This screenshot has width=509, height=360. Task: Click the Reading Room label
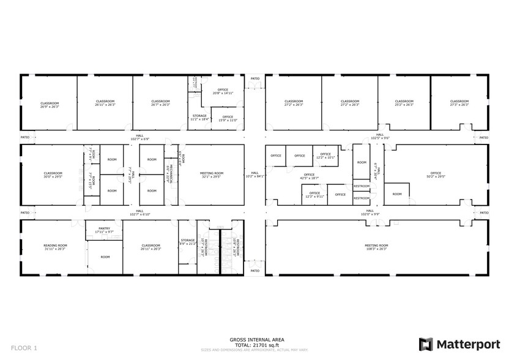[54, 247]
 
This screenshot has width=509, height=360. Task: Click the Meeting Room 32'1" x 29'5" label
[212, 175]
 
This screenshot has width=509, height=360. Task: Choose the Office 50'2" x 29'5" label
[435, 175]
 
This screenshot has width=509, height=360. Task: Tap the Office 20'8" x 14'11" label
[223, 92]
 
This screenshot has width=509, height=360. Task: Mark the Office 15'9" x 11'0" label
[228, 118]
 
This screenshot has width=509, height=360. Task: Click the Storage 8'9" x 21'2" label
[187, 242]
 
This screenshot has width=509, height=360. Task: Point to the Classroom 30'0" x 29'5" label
[53, 175]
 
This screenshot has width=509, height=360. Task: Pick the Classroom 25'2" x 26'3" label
[404, 103]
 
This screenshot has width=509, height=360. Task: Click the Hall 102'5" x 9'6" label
[380, 137]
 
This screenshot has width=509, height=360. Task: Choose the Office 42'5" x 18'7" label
[309, 176]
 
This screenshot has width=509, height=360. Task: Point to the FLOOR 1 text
[24, 348]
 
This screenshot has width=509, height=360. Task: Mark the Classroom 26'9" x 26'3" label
[50, 104]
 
